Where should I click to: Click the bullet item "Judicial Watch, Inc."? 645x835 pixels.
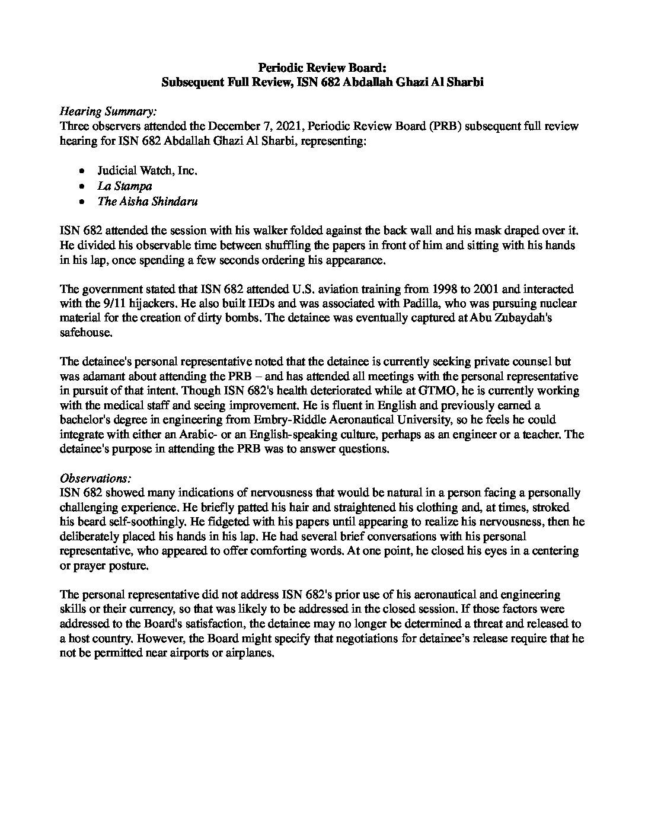pos(147,171)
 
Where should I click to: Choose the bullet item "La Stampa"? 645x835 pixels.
pos(124,186)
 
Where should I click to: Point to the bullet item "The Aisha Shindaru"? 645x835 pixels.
pos(148,201)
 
